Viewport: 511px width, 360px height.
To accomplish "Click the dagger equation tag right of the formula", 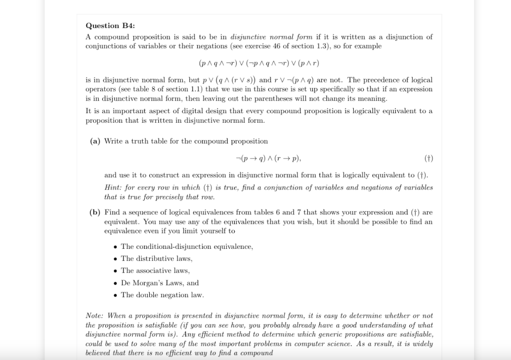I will pyautogui.click(x=428, y=159).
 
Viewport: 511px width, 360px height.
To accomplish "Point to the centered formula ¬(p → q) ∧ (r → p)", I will pyautogui.click(x=267, y=159).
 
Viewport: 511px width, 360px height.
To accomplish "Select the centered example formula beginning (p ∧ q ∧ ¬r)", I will pyautogui.click(x=259, y=63).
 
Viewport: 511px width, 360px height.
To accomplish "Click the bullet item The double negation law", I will pyautogui.click(x=162, y=295).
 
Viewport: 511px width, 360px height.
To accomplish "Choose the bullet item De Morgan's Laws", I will pyautogui.click(x=160, y=283).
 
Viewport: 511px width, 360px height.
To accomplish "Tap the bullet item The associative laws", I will pyautogui.click(x=155, y=270).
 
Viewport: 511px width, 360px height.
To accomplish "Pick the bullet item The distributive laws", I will pyautogui.click(x=156, y=258).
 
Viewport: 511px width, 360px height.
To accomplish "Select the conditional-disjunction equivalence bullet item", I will pyautogui.click(x=187, y=246).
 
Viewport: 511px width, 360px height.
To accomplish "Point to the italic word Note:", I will pyautogui.click(x=94, y=316).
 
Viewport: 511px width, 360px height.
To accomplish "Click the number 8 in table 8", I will pyautogui.click(x=150, y=89).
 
